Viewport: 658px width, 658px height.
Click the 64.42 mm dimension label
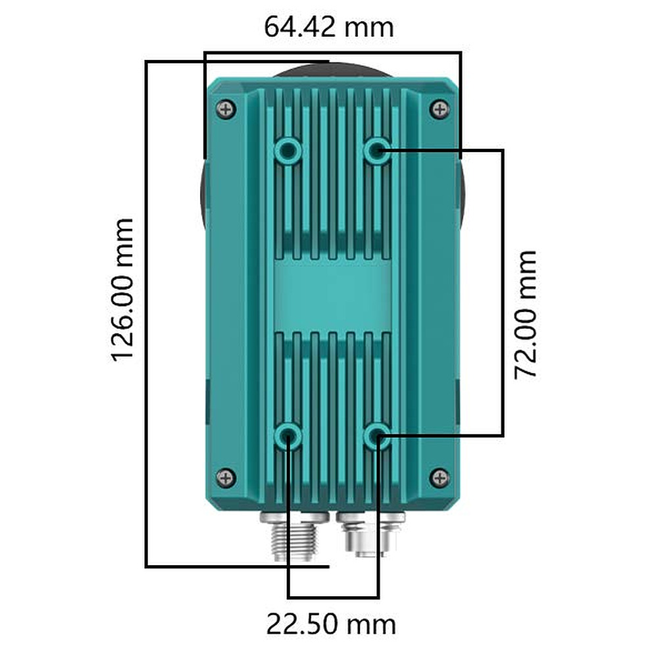[328, 27]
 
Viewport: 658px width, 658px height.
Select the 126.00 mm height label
[122, 290]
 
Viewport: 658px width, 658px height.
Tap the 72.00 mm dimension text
[525, 315]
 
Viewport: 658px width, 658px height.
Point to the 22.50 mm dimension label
[331, 624]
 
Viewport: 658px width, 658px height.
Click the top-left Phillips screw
[226, 109]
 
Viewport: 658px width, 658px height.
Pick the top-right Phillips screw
[440, 109]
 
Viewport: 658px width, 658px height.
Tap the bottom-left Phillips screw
[226, 478]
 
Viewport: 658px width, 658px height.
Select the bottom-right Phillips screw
[440, 478]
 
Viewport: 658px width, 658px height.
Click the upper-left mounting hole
[288, 150]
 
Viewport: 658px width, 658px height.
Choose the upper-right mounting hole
[377, 150]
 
